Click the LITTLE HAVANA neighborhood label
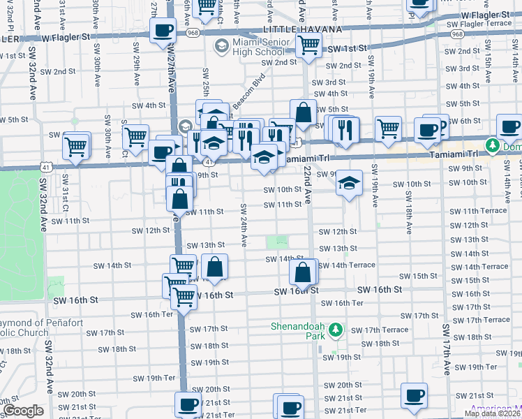point(302,29)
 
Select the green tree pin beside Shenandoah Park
point(336,329)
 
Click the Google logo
point(22,411)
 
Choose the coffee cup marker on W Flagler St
point(163,31)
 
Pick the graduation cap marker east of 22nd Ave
point(349,184)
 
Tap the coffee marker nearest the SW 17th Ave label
point(414,396)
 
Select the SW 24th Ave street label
point(244,225)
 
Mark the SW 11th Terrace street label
point(477,211)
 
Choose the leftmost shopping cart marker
point(75,147)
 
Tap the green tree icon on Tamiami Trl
point(493,146)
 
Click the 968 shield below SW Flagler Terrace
point(457,34)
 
